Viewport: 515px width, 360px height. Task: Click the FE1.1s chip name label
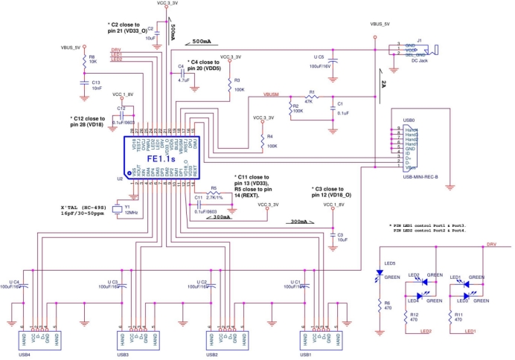161,159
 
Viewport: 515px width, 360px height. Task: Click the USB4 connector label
25,355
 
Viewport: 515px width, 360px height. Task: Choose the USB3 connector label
123,355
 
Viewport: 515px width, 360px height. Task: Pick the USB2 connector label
212,355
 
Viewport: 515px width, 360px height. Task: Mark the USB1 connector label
305,355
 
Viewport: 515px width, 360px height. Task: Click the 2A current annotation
382,81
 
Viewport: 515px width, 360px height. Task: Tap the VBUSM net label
272,95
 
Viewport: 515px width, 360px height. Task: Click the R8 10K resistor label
92,59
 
